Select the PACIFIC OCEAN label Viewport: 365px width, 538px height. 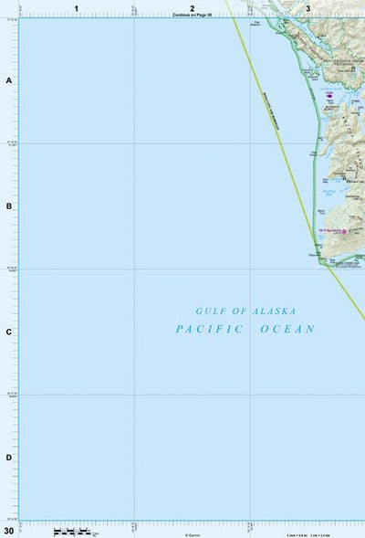[245, 329]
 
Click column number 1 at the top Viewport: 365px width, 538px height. [77, 8]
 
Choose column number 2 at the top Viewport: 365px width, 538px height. [193, 8]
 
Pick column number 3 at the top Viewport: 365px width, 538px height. [308, 8]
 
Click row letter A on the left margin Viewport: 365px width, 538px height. [9, 80]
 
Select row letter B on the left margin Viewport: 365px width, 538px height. [9, 206]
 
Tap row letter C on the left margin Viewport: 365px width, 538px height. [9, 332]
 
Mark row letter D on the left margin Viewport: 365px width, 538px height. [9, 458]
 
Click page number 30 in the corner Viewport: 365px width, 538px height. [9, 530]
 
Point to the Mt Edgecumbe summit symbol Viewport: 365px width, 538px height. [344, 231]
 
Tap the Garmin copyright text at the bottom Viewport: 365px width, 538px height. [193, 534]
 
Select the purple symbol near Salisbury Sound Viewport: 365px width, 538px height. [328, 93]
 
